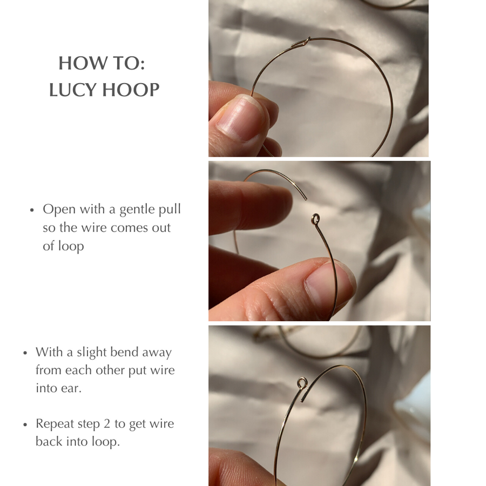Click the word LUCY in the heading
tap(73, 90)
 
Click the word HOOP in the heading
tap(131, 90)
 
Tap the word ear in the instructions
tap(74, 389)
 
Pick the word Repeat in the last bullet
tap(55, 424)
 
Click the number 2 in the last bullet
tap(106, 424)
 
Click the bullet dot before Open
tap(32, 210)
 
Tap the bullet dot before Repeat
tap(25, 424)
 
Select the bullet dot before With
tap(25, 353)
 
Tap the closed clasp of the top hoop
tap(301, 43)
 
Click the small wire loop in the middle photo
tap(315, 219)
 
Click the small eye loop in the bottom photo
tap(302, 383)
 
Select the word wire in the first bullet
tap(94, 228)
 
